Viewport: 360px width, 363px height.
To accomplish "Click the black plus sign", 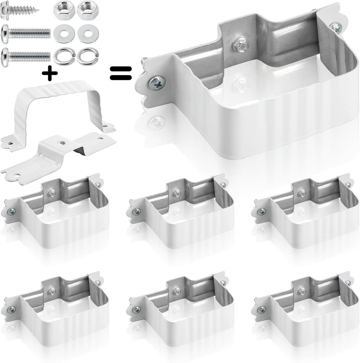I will [x=50, y=74].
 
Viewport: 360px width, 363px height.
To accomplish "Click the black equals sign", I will [x=121, y=73].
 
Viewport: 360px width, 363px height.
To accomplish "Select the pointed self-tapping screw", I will [x=20, y=10].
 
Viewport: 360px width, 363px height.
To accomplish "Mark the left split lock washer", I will [x=64, y=56].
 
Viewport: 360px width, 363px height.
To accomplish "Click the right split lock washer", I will [x=88, y=56].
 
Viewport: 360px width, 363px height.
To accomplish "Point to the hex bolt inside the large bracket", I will [x=240, y=45].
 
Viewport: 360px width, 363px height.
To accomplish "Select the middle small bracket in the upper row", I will [x=181, y=212].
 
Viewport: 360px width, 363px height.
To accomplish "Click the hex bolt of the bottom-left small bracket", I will [x=52, y=291].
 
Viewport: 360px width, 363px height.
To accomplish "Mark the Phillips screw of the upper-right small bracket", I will [x=261, y=212].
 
